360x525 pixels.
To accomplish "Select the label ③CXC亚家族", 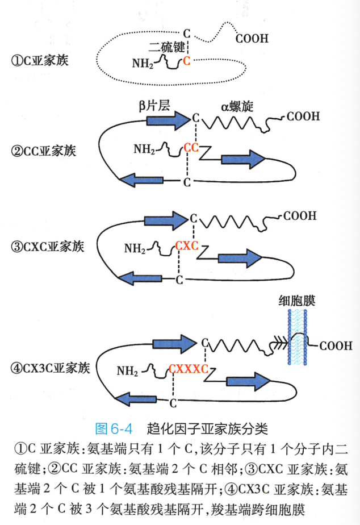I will pyautogui.click(x=47, y=247).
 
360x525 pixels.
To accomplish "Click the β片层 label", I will pyautogui.click(x=154, y=106).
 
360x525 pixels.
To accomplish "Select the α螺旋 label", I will pyautogui.click(x=237, y=106).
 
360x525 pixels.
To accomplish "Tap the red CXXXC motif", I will pyautogui.click(x=188, y=369).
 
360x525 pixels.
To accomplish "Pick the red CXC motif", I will pyautogui.click(x=186, y=246).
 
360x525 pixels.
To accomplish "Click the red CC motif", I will pyautogui.click(x=191, y=149).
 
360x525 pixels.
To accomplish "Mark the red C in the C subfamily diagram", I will pyautogui.click(x=187, y=61).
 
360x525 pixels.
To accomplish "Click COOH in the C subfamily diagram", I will pyautogui.click(x=252, y=39).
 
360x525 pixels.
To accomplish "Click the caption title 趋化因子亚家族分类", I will pyautogui.click(x=207, y=426).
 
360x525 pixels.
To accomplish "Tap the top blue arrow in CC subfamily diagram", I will pyautogui.click(x=166, y=120).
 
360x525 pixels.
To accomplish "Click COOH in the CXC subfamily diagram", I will pyautogui.click(x=300, y=216).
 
